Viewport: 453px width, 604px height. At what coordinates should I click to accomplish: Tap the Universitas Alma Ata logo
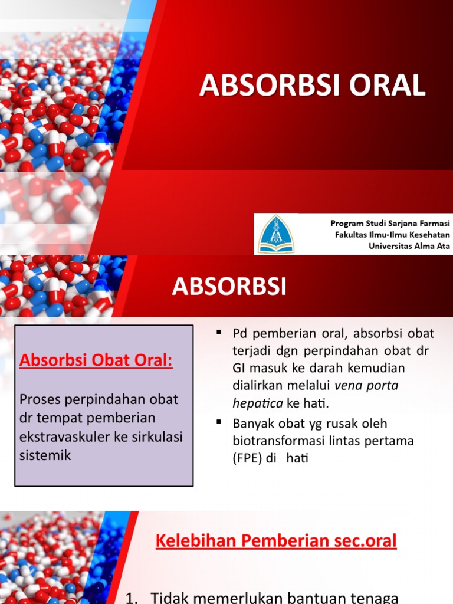coord(275,234)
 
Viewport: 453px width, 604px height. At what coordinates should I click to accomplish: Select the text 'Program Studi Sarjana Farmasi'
coord(390,223)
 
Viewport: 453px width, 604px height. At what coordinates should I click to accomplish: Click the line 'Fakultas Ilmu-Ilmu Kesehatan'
coord(392,234)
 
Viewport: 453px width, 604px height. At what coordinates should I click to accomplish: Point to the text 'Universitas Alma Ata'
coord(409,246)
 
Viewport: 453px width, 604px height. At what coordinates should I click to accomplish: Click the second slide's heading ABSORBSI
coord(229,287)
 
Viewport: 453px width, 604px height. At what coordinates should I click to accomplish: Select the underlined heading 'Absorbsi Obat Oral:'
coord(96,360)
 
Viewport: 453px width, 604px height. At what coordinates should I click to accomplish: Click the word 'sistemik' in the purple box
coord(45,455)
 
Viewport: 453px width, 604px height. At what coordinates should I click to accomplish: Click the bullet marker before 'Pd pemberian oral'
coord(219,333)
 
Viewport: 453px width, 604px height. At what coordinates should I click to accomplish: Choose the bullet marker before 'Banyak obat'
coord(219,423)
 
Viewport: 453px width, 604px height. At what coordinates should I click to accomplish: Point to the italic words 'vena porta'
coord(366,387)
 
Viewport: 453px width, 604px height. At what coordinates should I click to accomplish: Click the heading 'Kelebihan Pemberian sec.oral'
coord(276,541)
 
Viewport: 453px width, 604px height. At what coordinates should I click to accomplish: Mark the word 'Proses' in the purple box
coord(41,399)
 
